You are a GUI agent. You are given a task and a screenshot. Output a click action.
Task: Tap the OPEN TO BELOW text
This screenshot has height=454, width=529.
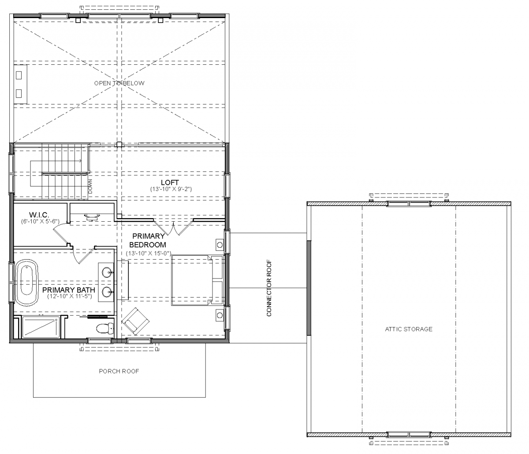pos(119,83)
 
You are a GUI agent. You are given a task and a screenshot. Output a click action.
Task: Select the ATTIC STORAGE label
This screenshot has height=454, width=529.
pos(409,329)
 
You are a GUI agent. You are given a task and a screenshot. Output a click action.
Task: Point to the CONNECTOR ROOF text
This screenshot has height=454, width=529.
pos(269,288)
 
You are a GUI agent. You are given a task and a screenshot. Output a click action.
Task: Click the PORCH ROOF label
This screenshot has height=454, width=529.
pos(119,371)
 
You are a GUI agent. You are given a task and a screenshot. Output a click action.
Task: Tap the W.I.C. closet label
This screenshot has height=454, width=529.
pos(39,215)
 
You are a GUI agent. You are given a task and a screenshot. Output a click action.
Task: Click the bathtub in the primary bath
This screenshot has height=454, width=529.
pos(27,281)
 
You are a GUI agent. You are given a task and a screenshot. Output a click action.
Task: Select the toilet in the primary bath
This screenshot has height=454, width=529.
pos(105,328)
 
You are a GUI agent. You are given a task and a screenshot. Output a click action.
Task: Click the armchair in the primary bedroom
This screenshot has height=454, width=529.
pos(135,321)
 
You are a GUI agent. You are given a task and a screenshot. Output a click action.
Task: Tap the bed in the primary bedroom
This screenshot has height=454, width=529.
pos(197,280)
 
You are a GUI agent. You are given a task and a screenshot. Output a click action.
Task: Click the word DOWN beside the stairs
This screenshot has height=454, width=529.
pos(90,186)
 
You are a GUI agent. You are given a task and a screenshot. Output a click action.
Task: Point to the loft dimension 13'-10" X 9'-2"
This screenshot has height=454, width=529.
pos(171,189)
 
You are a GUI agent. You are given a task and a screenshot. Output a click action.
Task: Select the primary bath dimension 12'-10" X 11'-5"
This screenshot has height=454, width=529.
pos(69,296)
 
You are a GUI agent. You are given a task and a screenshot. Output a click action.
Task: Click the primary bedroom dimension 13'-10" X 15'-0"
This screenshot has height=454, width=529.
pos(148,253)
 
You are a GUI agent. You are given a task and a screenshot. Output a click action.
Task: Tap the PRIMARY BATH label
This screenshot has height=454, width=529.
pos(69,290)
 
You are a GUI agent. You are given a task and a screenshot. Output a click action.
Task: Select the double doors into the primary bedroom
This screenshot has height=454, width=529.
pos(173,227)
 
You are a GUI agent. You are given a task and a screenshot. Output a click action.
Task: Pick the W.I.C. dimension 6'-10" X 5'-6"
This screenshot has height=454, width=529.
pos(40,221)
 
